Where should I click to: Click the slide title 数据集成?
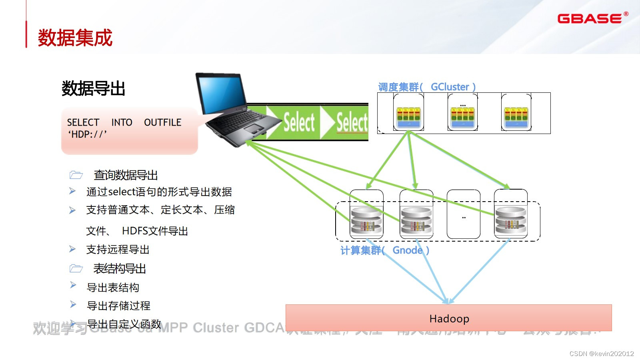(x=75, y=38)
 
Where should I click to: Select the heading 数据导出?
(x=94, y=88)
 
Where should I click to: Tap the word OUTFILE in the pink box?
(x=162, y=122)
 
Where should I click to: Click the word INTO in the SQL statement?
(x=122, y=122)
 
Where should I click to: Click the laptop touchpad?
(x=254, y=129)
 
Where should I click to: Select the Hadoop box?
(x=449, y=318)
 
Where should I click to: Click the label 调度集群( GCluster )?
(x=427, y=87)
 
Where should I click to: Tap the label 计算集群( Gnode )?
(x=385, y=250)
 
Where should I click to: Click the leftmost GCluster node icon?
(x=408, y=116)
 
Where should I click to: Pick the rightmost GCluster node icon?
(x=516, y=116)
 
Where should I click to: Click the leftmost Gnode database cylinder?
(x=366, y=221)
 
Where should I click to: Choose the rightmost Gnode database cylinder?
(x=511, y=221)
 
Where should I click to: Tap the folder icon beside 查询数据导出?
(x=76, y=175)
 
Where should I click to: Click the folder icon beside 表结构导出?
(x=76, y=268)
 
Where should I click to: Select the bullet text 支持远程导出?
(x=118, y=250)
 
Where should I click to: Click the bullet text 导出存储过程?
(x=119, y=306)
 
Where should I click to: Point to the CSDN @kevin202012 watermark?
(x=602, y=354)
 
